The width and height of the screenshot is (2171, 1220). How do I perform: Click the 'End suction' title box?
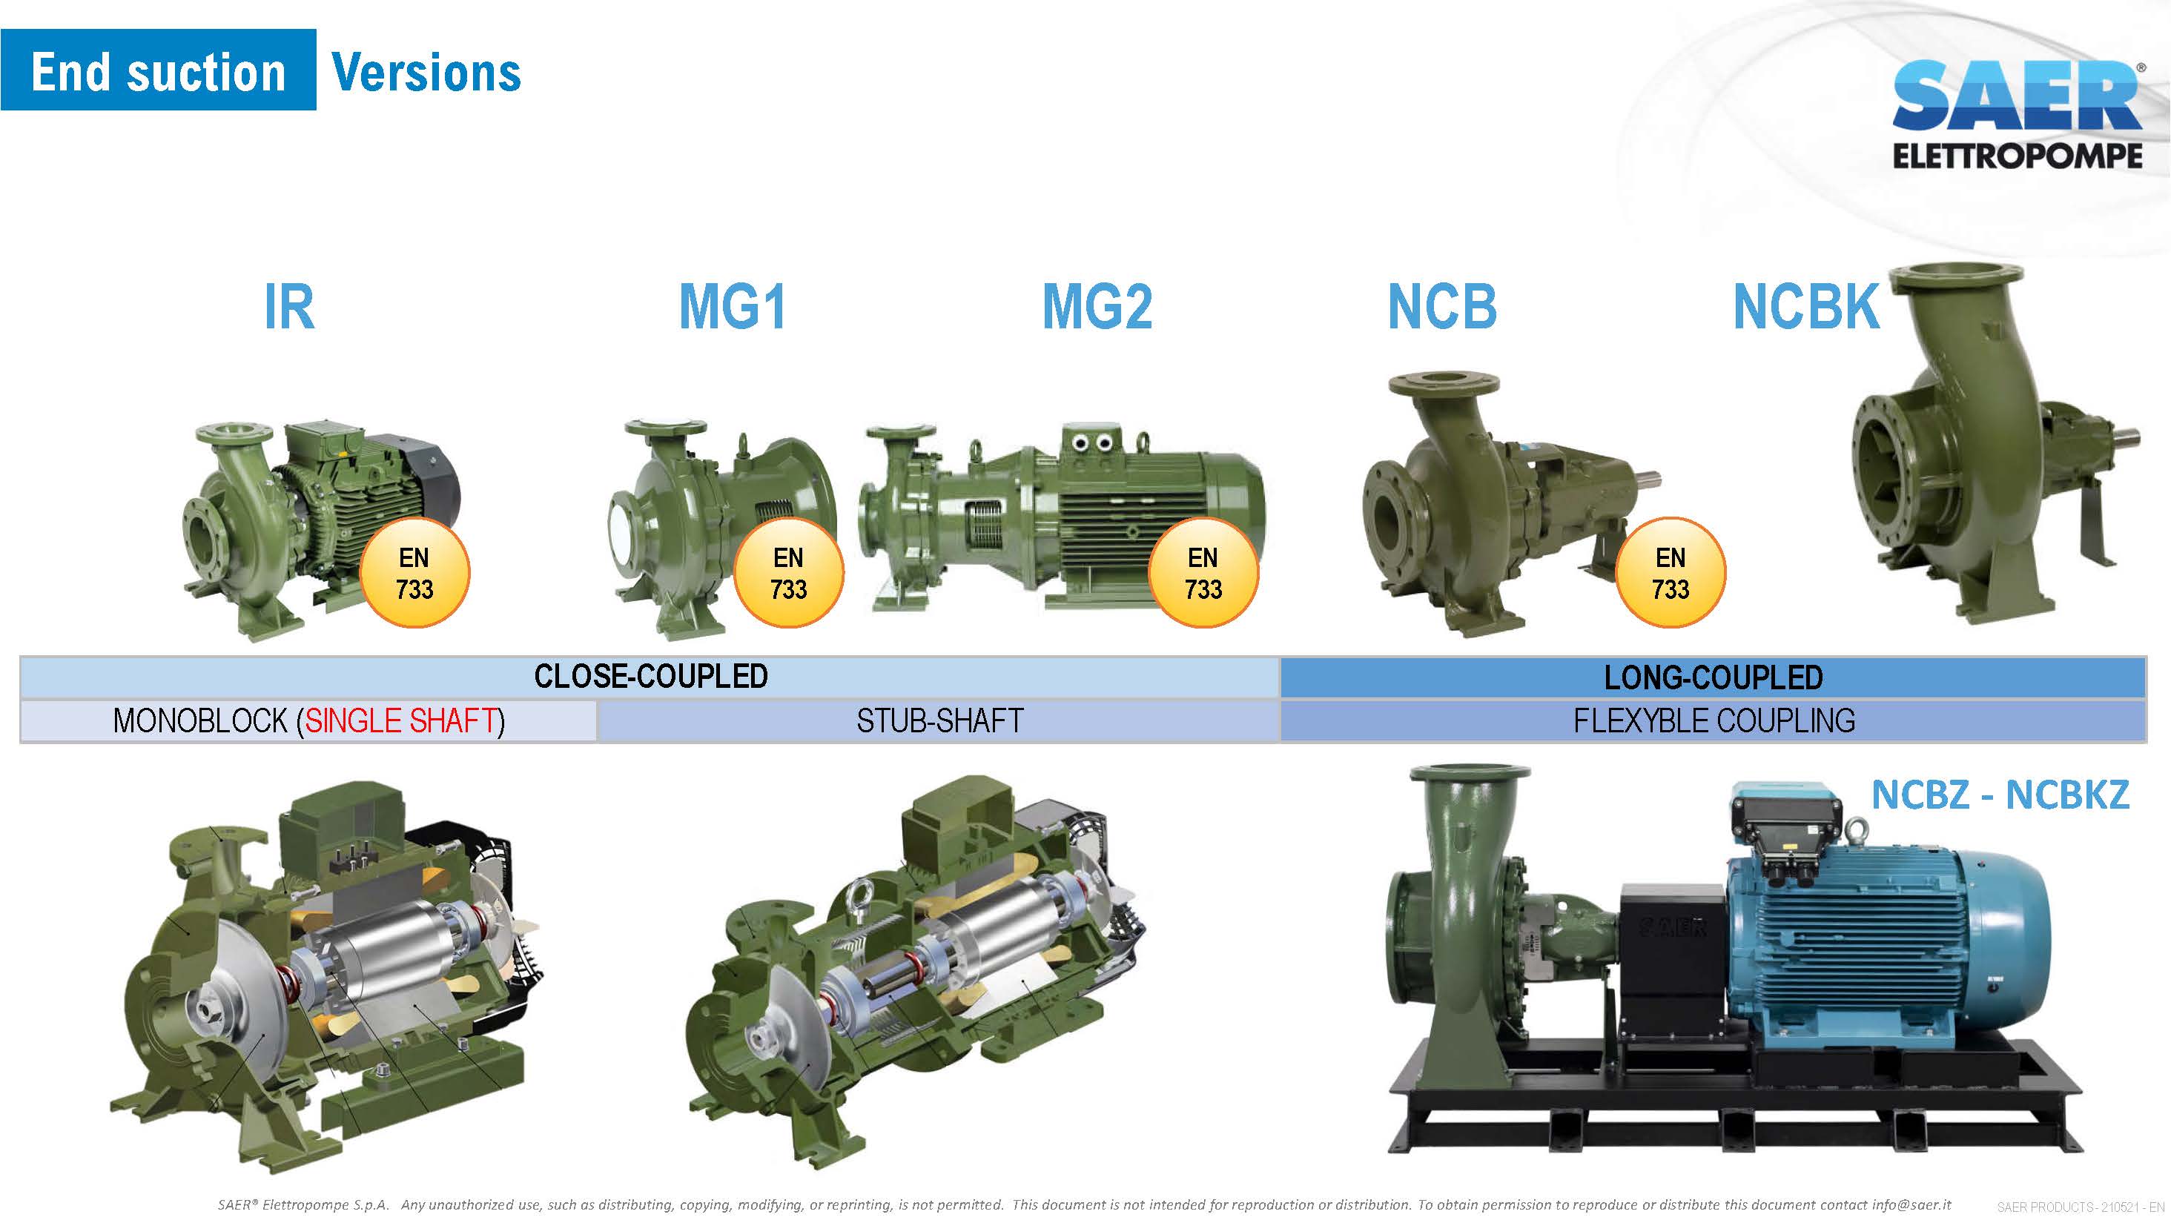[159, 70]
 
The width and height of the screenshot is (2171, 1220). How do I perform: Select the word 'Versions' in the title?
[426, 73]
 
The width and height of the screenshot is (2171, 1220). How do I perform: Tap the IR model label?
[290, 307]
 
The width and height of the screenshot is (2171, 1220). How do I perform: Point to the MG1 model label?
[733, 307]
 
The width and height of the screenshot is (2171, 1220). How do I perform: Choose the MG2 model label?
[1097, 307]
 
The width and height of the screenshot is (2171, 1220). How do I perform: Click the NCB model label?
[1443, 307]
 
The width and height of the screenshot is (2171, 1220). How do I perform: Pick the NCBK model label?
[1806, 307]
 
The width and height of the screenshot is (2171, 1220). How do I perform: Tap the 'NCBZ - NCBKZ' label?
[2000, 795]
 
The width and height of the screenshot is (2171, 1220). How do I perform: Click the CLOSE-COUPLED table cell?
[650, 677]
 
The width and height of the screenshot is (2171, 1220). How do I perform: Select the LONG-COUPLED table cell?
[1713, 677]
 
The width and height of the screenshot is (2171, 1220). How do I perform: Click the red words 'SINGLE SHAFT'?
[401, 721]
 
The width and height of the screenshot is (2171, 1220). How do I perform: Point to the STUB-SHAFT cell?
[939, 721]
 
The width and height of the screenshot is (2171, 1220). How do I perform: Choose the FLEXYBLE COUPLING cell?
[1714, 721]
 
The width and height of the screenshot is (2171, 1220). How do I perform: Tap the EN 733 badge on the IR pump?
[414, 573]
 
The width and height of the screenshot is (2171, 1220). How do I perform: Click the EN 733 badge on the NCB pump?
[1671, 573]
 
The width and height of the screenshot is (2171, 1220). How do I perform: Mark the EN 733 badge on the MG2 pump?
[1203, 573]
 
